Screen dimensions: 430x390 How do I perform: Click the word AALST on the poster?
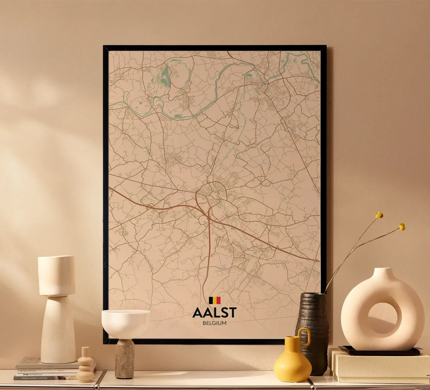click(x=214, y=313)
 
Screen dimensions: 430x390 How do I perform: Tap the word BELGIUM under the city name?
click(x=214, y=323)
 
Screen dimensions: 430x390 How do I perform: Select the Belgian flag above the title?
click(x=215, y=300)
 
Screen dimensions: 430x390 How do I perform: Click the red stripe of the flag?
click(x=219, y=300)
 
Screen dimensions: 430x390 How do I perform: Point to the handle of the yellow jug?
click(x=305, y=337)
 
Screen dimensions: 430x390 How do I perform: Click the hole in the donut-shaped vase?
click(x=382, y=318)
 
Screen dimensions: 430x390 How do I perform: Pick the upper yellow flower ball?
click(x=379, y=215)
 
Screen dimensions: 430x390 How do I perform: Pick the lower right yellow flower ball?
click(x=402, y=227)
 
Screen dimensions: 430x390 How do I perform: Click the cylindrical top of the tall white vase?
click(x=56, y=275)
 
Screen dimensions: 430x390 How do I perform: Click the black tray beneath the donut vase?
click(x=380, y=351)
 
